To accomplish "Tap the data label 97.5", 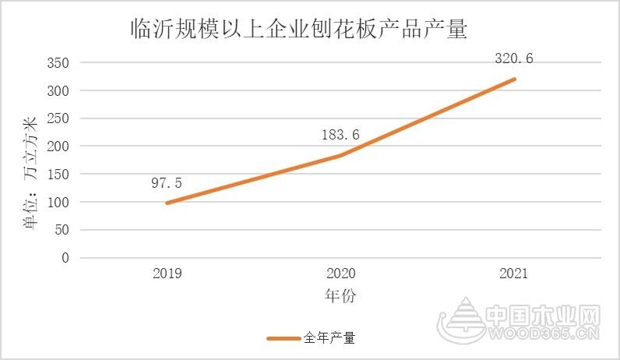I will (167, 183).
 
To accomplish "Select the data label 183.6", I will (340, 135).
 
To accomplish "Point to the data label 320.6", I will (514, 58).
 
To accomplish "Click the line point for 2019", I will (167, 203).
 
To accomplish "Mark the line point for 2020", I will (340, 155).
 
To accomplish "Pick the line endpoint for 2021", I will (514, 79).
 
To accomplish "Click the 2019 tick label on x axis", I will (167, 274).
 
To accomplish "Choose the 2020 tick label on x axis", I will (340, 274).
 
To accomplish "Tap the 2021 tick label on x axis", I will (514, 274).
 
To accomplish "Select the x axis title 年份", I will (340, 296).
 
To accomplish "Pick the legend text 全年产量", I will (329, 338).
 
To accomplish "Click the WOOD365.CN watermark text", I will (544, 334).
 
